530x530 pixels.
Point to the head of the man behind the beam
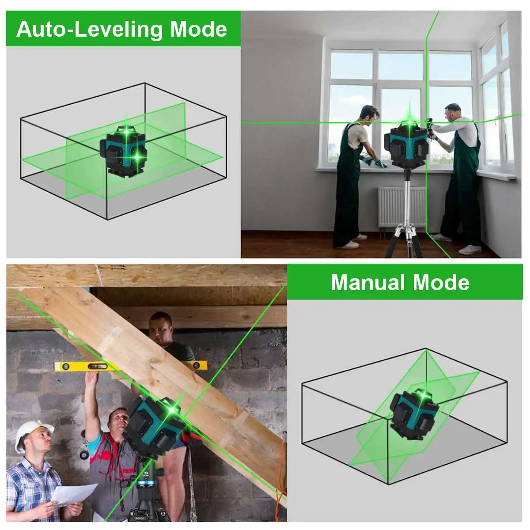coord(160,325)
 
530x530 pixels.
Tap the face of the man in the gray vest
coord(118,421)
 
